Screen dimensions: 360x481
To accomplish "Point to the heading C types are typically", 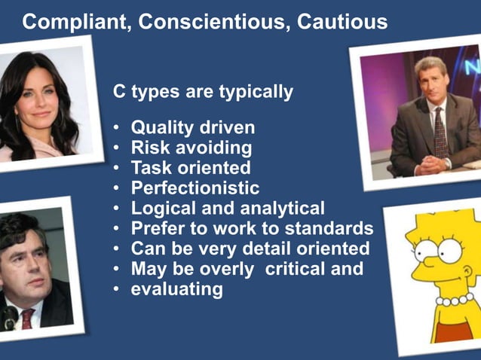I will (203, 93).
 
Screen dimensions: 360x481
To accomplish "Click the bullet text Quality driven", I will (193, 127).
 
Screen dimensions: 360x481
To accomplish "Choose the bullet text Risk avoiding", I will (191, 148).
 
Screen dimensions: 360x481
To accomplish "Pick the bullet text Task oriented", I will (191, 168).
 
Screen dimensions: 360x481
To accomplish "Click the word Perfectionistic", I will (195, 188).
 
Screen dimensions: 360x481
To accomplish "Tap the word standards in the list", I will (334, 228).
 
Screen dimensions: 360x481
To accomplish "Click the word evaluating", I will (177, 289).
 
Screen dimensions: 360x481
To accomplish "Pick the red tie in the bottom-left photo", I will (27, 319).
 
